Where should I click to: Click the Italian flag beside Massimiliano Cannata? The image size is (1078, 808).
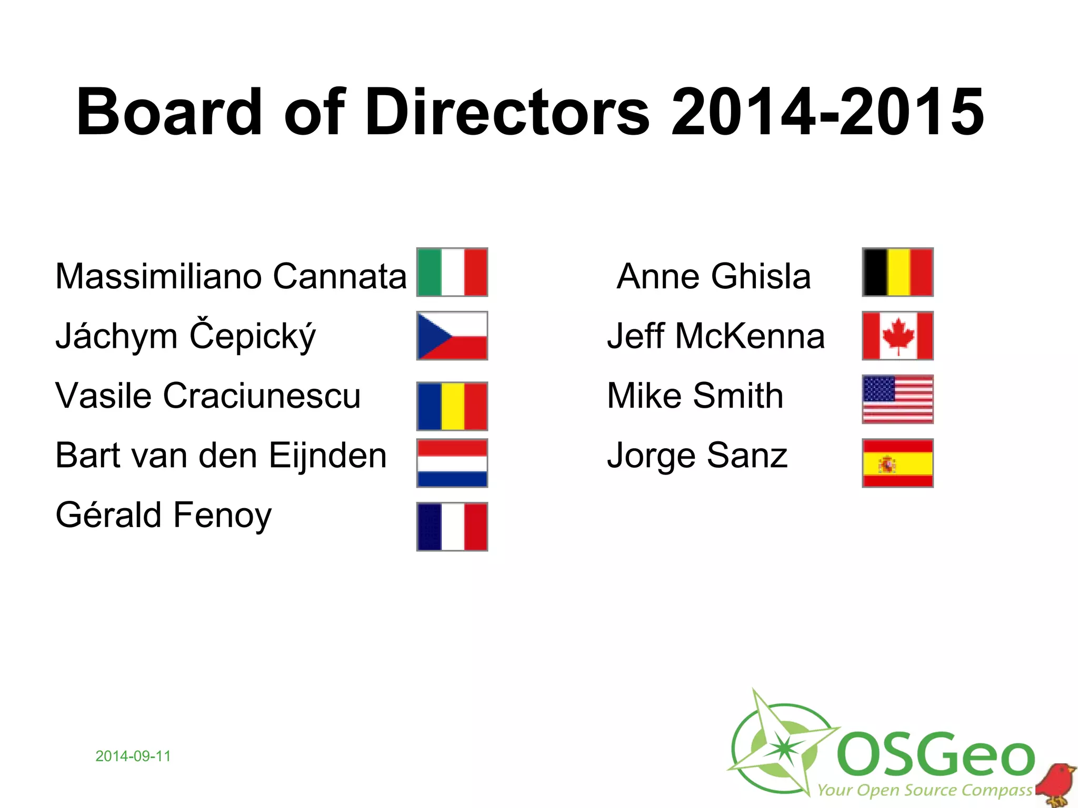[x=452, y=272]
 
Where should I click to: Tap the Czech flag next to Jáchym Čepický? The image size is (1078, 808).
[x=452, y=336]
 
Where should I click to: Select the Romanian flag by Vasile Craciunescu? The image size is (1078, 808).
[x=452, y=406]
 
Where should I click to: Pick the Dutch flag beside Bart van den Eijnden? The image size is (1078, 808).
[x=452, y=463]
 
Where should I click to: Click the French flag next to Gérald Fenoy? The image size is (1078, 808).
[x=452, y=527]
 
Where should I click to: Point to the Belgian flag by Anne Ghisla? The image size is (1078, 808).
[x=897, y=272]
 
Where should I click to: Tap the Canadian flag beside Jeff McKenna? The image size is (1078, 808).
[x=897, y=336]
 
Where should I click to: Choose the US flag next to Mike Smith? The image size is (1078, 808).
[x=897, y=399]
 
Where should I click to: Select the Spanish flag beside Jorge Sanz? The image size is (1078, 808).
[x=897, y=463]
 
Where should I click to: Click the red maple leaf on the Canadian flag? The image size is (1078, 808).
[x=898, y=335]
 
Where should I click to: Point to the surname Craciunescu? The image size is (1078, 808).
[x=262, y=396]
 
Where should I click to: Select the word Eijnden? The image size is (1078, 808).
[x=327, y=456]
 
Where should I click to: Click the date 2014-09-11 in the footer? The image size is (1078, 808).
[x=133, y=756]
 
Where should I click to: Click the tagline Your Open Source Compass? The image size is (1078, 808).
[x=924, y=790]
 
